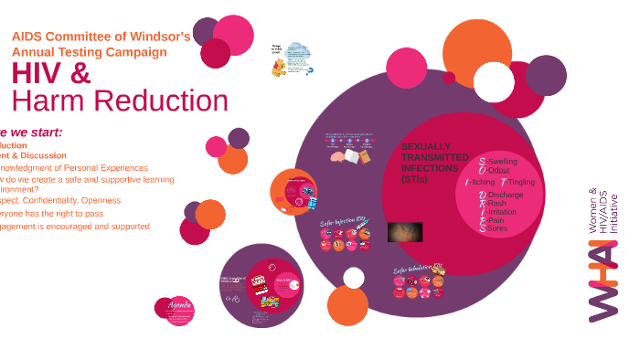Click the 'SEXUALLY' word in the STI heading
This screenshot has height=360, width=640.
(x=426, y=146)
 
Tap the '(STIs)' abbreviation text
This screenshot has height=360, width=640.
(x=413, y=179)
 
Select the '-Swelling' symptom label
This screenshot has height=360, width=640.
(x=501, y=162)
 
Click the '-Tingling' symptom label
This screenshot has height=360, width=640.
(x=521, y=182)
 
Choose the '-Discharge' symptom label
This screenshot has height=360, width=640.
(x=505, y=196)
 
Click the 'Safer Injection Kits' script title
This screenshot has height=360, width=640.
(x=342, y=221)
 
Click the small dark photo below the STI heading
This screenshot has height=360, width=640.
(x=404, y=232)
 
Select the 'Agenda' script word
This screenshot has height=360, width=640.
(x=179, y=304)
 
